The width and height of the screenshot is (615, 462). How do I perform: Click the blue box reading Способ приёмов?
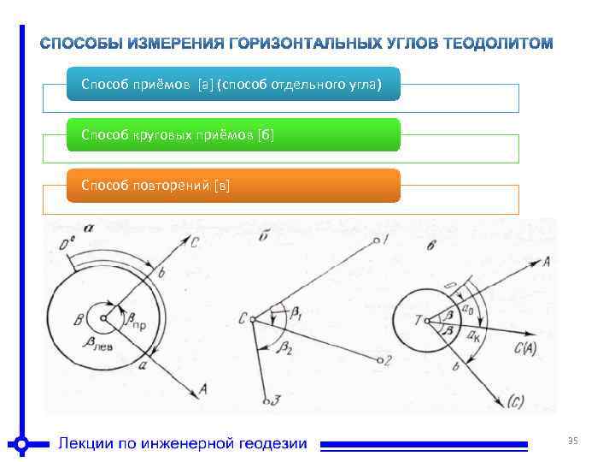click(x=232, y=85)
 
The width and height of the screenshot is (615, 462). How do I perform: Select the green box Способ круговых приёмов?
click(x=232, y=135)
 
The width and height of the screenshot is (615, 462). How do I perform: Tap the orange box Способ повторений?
click(x=232, y=185)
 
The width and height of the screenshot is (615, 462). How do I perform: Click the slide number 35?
click(x=573, y=441)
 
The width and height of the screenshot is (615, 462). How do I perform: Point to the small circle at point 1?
click(x=376, y=240)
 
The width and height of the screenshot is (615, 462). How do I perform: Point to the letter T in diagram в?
click(x=417, y=321)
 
